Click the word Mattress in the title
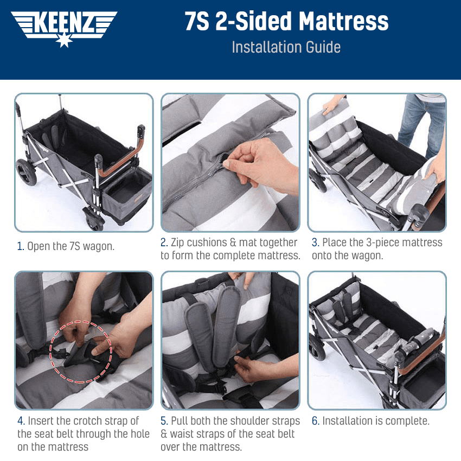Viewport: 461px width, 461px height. point(343,22)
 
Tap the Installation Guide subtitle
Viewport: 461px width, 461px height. point(286,47)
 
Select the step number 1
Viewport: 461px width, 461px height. point(20,246)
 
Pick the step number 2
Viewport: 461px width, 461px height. point(164,242)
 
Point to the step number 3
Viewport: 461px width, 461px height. point(315,242)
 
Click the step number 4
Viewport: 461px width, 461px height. point(20,421)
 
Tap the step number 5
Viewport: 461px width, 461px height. point(164,421)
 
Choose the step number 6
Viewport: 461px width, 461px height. point(315,421)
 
